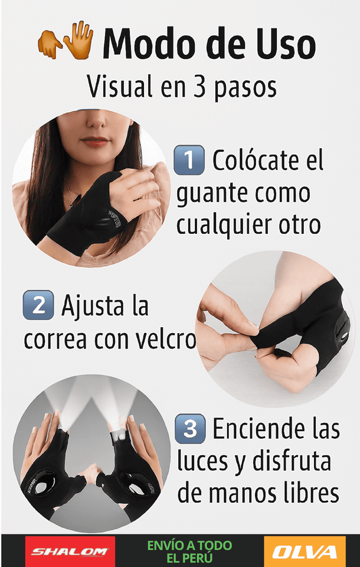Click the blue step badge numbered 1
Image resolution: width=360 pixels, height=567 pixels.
point(189,159)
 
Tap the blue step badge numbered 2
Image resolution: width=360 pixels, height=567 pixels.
point(38,307)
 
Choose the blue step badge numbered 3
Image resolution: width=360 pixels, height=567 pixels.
point(190,429)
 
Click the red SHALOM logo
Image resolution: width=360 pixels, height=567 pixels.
point(70,552)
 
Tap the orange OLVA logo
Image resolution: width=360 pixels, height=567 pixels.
point(305,552)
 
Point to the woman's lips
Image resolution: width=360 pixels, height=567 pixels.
point(94,142)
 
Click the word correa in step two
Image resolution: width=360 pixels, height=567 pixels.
point(54,340)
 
